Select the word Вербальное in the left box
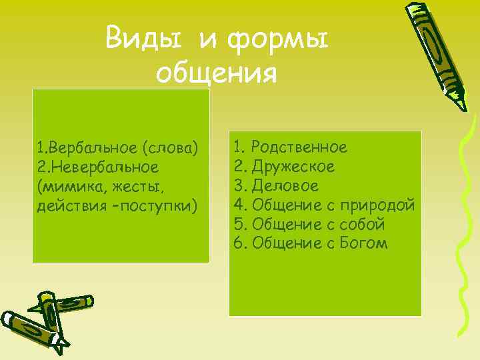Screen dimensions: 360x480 91,147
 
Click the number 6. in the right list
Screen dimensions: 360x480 240,243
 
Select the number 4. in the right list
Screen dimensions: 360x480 240,205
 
